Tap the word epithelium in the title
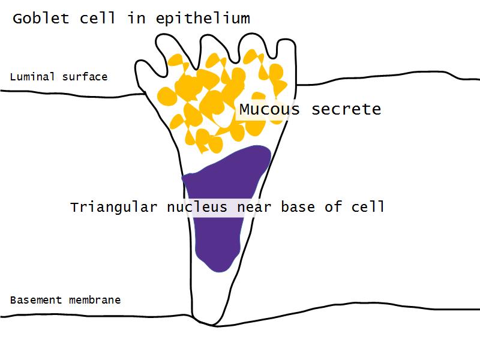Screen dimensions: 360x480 203,19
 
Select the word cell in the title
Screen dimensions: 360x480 99,19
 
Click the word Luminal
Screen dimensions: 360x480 32,77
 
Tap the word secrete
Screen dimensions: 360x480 346,110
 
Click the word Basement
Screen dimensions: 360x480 35,300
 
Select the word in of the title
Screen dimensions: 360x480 136,19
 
